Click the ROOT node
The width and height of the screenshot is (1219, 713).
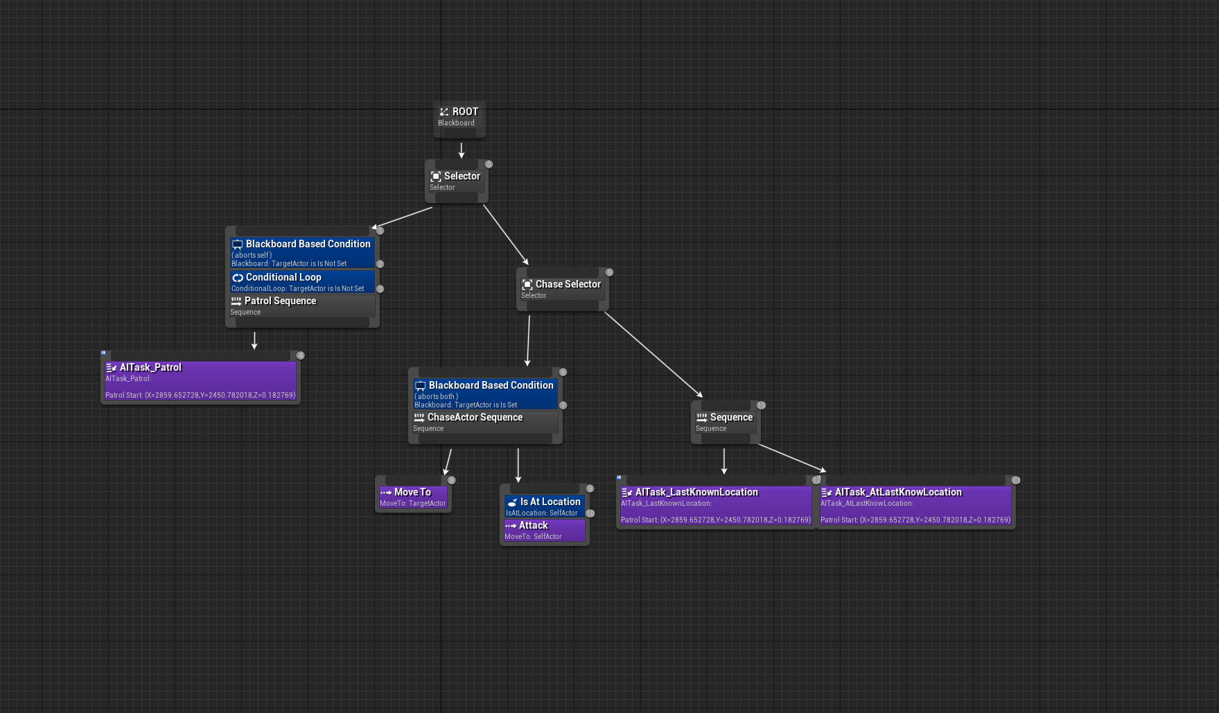459,117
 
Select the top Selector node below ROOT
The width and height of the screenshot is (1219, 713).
456,181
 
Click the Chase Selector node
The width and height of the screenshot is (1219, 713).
562,289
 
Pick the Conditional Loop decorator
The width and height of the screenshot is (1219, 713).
302,281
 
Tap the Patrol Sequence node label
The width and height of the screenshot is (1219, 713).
280,301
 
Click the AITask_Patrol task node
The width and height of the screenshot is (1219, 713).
200,380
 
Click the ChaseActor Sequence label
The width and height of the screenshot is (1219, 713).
475,418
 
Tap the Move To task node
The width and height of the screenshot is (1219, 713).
413,497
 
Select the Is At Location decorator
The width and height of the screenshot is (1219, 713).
544,506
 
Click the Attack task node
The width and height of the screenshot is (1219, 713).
544,530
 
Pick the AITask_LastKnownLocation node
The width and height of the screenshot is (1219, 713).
715,505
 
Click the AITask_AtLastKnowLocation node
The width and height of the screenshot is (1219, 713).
915,505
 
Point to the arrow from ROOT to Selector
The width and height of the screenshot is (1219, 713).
462,149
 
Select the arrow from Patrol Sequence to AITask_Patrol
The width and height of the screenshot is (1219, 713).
254,340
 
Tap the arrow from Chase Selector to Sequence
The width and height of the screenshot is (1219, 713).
653,354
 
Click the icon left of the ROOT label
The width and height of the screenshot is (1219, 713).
444,112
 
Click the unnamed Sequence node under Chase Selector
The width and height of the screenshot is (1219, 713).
725,422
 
